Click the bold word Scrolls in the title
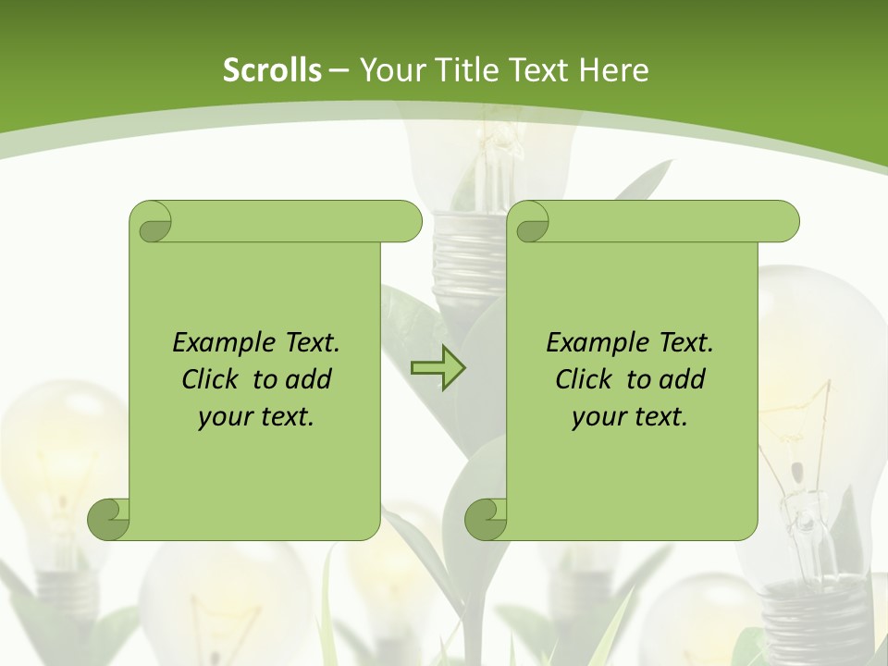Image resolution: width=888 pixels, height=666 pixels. [272, 70]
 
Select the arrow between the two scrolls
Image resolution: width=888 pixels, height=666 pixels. [438, 368]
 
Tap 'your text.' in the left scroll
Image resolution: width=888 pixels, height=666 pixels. [256, 417]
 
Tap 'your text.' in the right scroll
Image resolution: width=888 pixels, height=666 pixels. [630, 417]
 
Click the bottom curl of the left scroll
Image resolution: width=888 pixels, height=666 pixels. [107, 518]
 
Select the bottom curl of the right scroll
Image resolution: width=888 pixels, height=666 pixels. [485, 518]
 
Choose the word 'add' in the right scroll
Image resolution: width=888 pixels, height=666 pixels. [684, 380]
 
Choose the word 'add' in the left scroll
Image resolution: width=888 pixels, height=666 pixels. [310, 380]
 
